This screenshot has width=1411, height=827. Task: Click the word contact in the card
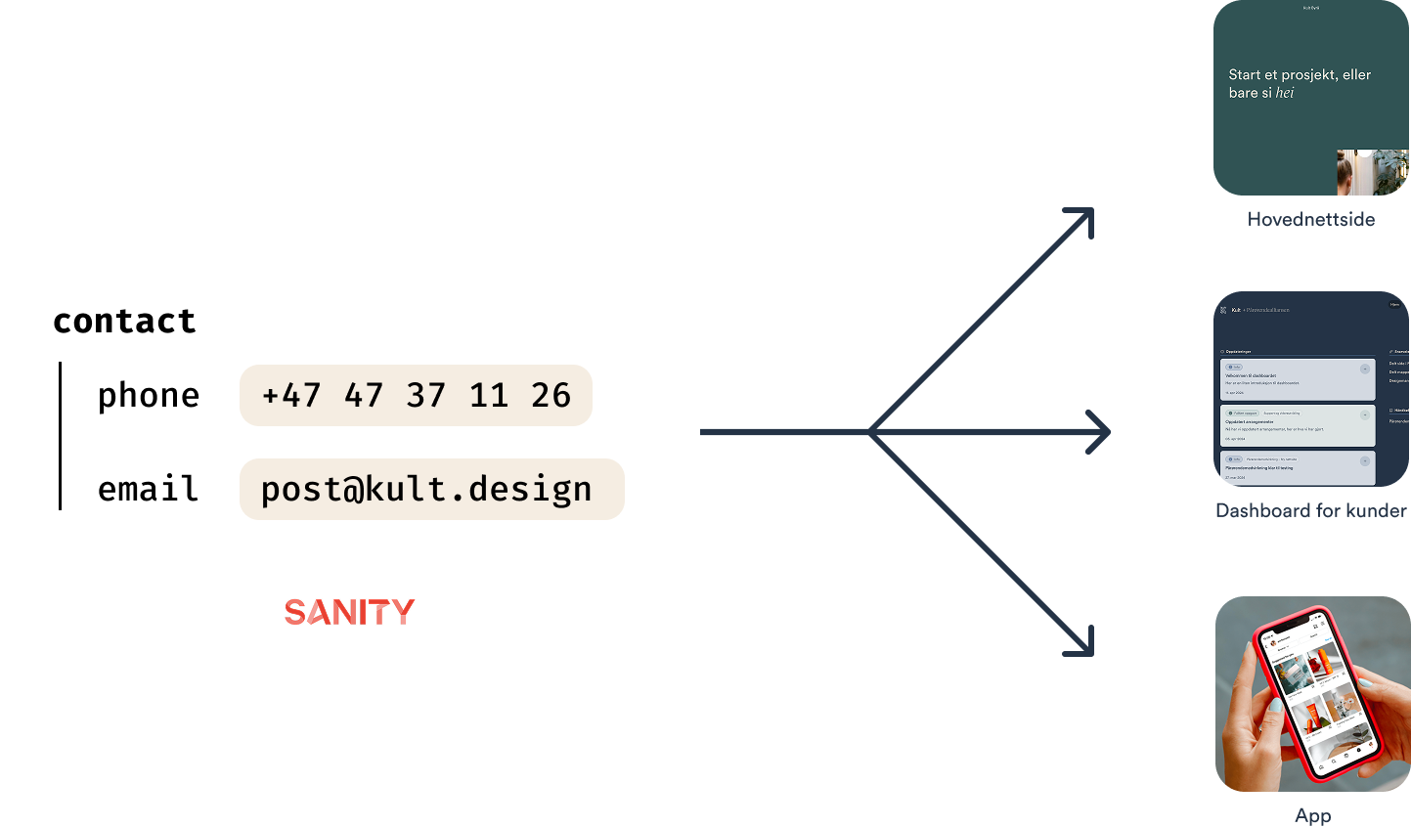pos(124,321)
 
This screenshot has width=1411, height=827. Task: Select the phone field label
pos(149,395)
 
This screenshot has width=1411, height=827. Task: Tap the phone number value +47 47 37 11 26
pos(416,395)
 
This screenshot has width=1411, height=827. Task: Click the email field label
pos(148,489)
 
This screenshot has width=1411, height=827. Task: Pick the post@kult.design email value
pos(426,489)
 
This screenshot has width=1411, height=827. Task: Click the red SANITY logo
pos(349,612)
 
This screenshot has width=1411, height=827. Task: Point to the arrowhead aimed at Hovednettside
pos(1083,217)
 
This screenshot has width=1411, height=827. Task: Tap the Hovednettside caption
pos(1310,219)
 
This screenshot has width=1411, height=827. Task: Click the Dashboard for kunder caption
pos(1310,510)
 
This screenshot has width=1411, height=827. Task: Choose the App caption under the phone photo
pos(1312,815)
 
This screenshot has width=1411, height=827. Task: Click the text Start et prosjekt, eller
pos(1300,74)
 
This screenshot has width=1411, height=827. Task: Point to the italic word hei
pos(1285,93)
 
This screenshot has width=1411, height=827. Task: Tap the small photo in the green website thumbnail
pos(1372,172)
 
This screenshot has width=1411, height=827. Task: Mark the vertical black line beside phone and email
pos(60,436)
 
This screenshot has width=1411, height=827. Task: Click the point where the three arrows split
pos(870,431)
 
